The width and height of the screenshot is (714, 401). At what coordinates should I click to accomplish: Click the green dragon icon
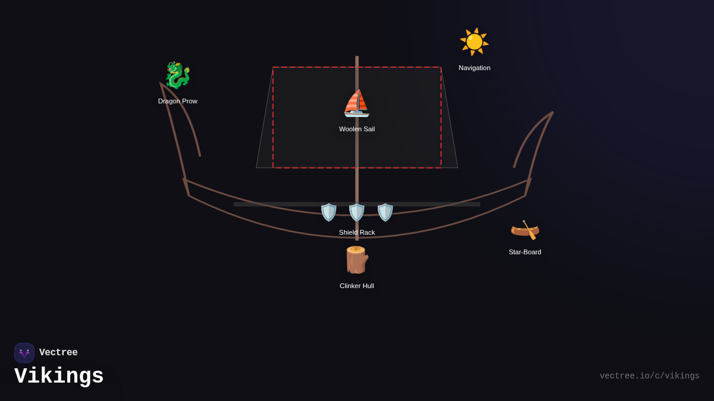click(x=177, y=75)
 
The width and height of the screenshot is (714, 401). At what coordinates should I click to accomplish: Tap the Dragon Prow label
click(x=177, y=101)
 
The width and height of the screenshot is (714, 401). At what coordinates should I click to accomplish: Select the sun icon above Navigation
click(x=474, y=42)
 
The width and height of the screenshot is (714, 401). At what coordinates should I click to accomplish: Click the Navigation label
click(x=474, y=68)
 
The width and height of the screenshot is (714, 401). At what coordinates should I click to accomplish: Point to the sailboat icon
click(x=356, y=103)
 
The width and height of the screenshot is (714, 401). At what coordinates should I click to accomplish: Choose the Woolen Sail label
click(x=356, y=129)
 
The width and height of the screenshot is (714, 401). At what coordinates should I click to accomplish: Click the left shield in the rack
click(x=328, y=212)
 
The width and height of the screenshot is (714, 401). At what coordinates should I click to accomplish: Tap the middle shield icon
click(x=356, y=212)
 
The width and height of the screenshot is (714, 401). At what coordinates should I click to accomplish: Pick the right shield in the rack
click(x=385, y=212)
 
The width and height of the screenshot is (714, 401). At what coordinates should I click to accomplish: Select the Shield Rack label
click(x=356, y=232)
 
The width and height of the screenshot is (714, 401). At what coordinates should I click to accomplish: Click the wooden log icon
click(x=356, y=260)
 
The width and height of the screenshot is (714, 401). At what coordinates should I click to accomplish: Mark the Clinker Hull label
click(x=356, y=286)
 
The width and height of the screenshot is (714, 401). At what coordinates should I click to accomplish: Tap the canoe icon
click(x=525, y=229)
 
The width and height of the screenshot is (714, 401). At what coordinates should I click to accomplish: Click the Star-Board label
click(x=525, y=252)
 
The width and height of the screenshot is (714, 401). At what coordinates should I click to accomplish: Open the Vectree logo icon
click(x=24, y=353)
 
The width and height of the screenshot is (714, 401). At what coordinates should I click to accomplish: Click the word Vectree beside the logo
click(x=58, y=353)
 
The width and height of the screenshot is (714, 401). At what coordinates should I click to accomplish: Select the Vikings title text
click(x=59, y=377)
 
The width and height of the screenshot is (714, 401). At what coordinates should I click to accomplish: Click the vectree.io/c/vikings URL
click(x=649, y=376)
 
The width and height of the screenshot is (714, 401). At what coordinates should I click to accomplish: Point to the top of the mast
click(x=357, y=58)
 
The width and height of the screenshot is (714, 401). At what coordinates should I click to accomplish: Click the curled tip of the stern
click(x=552, y=113)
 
